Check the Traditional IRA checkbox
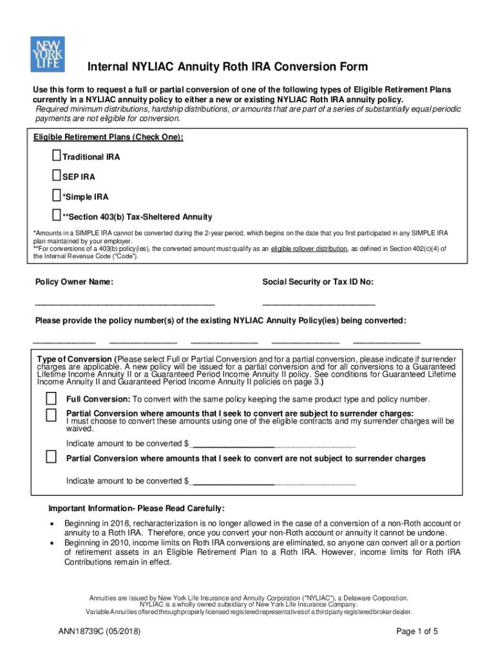(56, 156)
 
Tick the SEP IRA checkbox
(56, 176)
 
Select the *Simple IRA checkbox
(56, 196)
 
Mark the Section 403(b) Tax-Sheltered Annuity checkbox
(56, 216)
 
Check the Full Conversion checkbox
(51, 398)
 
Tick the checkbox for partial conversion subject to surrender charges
(51, 414)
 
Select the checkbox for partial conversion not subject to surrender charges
(51, 458)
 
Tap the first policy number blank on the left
(64, 340)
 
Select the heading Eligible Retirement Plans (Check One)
(108, 138)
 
